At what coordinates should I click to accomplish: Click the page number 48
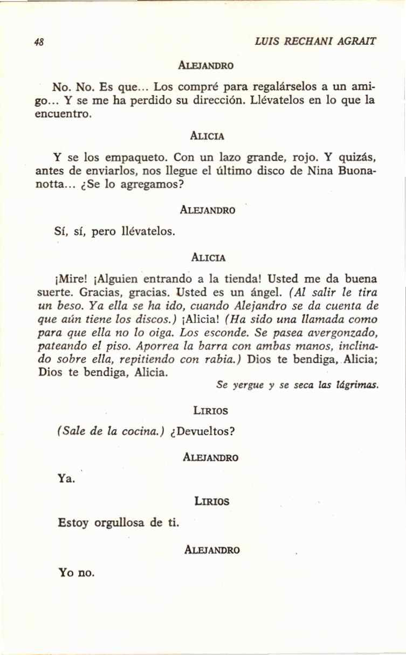pos(38,42)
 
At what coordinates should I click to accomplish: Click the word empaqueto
pos(130,158)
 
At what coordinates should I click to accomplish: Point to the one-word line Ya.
pos(65,477)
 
